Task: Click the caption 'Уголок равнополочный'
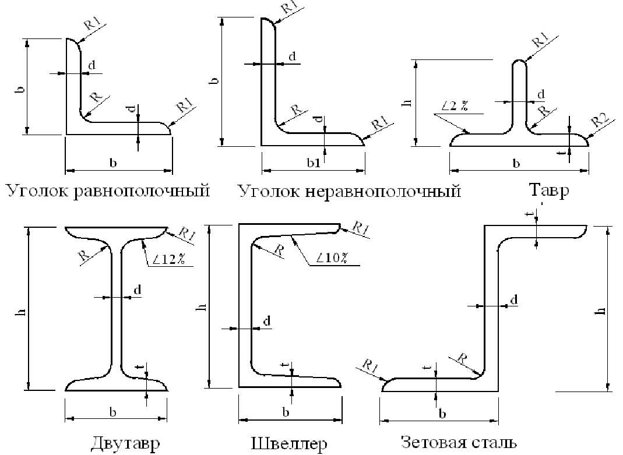(108, 191)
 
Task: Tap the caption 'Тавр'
(548, 191)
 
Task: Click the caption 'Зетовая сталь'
(458, 442)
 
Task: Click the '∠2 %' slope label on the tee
(455, 106)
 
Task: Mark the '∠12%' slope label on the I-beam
(169, 260)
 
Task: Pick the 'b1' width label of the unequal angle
(314, 164)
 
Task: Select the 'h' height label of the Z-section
(602, 309)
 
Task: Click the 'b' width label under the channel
(286, 412)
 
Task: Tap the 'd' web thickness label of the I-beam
(138, 290)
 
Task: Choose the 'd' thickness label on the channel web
(266, 320)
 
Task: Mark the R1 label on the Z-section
(369, 366)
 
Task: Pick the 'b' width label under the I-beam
(113, 412)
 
